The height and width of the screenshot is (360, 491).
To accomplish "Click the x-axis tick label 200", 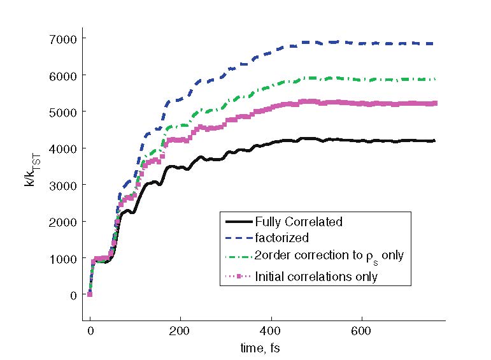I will (181, 332).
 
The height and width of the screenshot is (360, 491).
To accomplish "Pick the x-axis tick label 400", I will (271, 332).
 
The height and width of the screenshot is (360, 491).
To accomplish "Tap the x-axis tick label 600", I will (362, 332).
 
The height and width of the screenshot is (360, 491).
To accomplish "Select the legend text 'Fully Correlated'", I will (299, 222).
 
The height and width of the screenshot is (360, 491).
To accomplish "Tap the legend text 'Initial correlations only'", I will (316, 276).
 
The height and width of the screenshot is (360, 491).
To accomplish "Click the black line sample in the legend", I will (238, 222).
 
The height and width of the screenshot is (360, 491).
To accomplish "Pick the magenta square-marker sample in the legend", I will (238, 276).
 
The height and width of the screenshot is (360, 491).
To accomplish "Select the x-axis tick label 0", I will (90, 332).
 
